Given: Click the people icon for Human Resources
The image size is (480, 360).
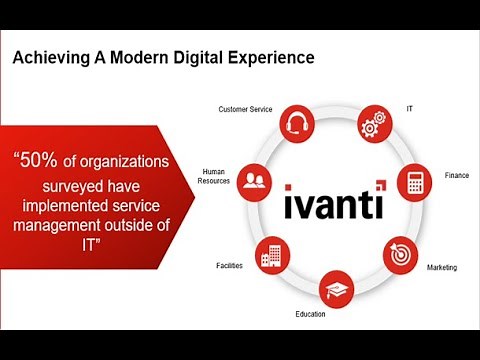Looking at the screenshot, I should (x=257, y=181).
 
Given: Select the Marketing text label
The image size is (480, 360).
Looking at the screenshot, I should (x=441, y=268).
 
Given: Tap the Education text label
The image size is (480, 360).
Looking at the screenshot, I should (x=310, y=314).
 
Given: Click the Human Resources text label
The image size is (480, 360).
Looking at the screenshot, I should (x=216, y=175).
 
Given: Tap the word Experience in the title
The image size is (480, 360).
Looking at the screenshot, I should (x=271, y=57).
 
